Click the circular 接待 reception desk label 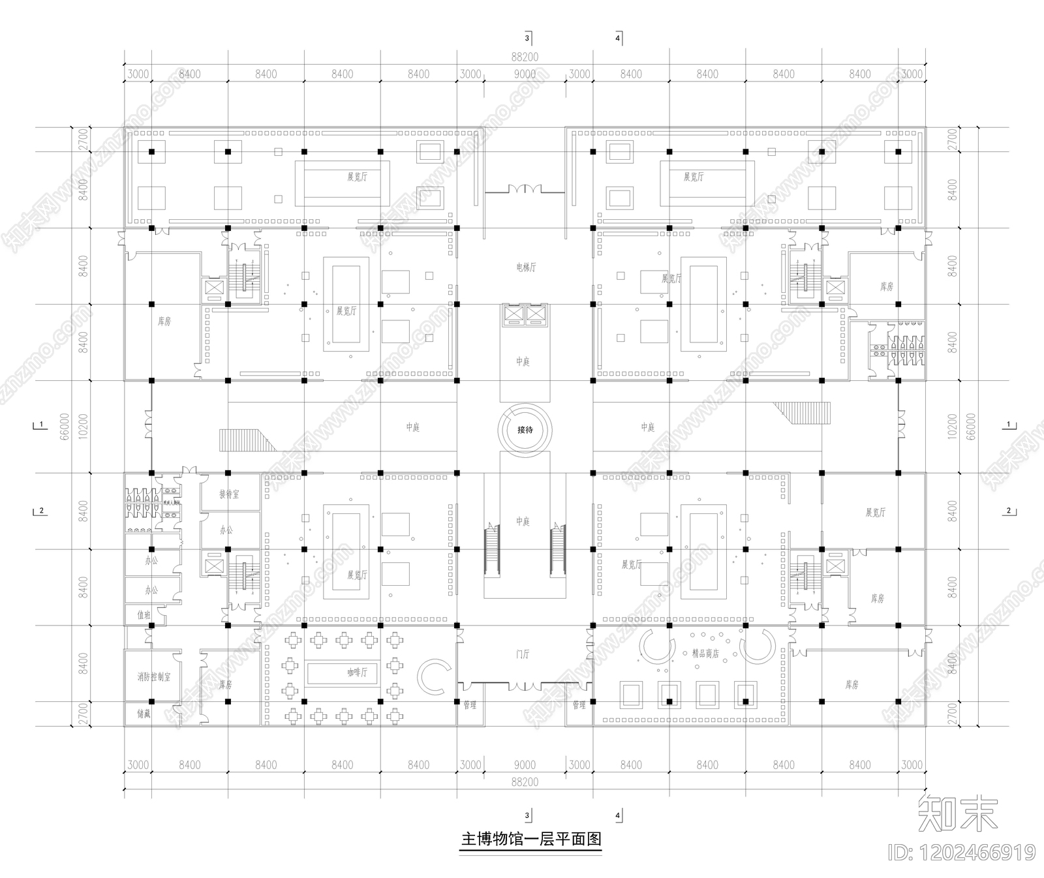pyautogui.click(x=525, y=430)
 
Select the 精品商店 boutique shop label pyautogui.click(x=705, y=653)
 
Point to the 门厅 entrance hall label pyautogui.click(x=522, y=654)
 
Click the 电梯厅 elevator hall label pyautogui.click(x=525, y=267)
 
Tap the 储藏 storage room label pyautogui.click(x=144, y=714)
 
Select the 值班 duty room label pyautogui.click(x=144, y=614)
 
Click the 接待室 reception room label pyautogui.click(x=229, y=494)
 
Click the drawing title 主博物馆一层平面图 pyautogui.click(x=530, y=839)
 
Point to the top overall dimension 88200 pyautogui.click(x=525, y=57)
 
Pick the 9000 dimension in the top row pyautogui.click(x=525, y=74)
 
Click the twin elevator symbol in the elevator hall pyautogui.click(x=525, y=315)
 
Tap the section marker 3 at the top pyautogui.click(x=527, y=38)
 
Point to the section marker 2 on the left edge pyautogui.click(x=41, y=510)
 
